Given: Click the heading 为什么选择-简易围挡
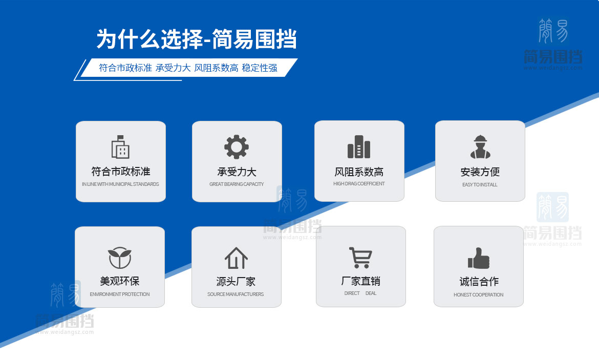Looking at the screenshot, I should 197,39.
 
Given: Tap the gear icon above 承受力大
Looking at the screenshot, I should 237,147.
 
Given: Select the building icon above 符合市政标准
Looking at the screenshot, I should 120,147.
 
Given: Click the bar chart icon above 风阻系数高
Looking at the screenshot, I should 359,147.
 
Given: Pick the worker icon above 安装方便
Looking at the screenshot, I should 480,147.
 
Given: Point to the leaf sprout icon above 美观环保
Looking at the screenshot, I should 120,258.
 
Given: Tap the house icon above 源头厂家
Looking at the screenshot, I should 236,258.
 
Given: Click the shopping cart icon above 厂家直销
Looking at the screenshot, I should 360,257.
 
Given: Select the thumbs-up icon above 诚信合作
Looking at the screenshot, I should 479,258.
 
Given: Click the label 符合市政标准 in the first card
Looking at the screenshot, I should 120,172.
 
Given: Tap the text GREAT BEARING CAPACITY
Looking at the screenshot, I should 237,184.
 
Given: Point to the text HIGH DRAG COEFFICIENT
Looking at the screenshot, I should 359,184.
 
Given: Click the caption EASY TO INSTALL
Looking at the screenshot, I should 480,185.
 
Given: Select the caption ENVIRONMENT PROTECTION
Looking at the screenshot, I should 120,294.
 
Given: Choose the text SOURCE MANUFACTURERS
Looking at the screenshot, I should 236,294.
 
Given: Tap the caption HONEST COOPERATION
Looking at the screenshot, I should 478,295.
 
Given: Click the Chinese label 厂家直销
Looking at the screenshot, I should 360,281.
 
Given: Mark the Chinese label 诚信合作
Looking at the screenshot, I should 479,282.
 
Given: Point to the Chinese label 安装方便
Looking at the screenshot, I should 480,172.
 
